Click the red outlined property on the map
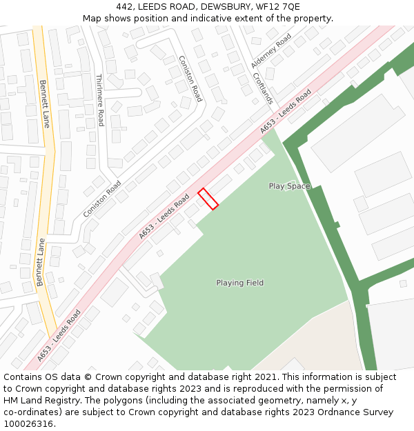click(x=208, y=199)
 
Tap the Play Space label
click(x=289, y=186)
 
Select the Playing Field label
click(x=239, y=283)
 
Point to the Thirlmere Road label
click(x=100, y=100)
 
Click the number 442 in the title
click(x=126, y=7)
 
